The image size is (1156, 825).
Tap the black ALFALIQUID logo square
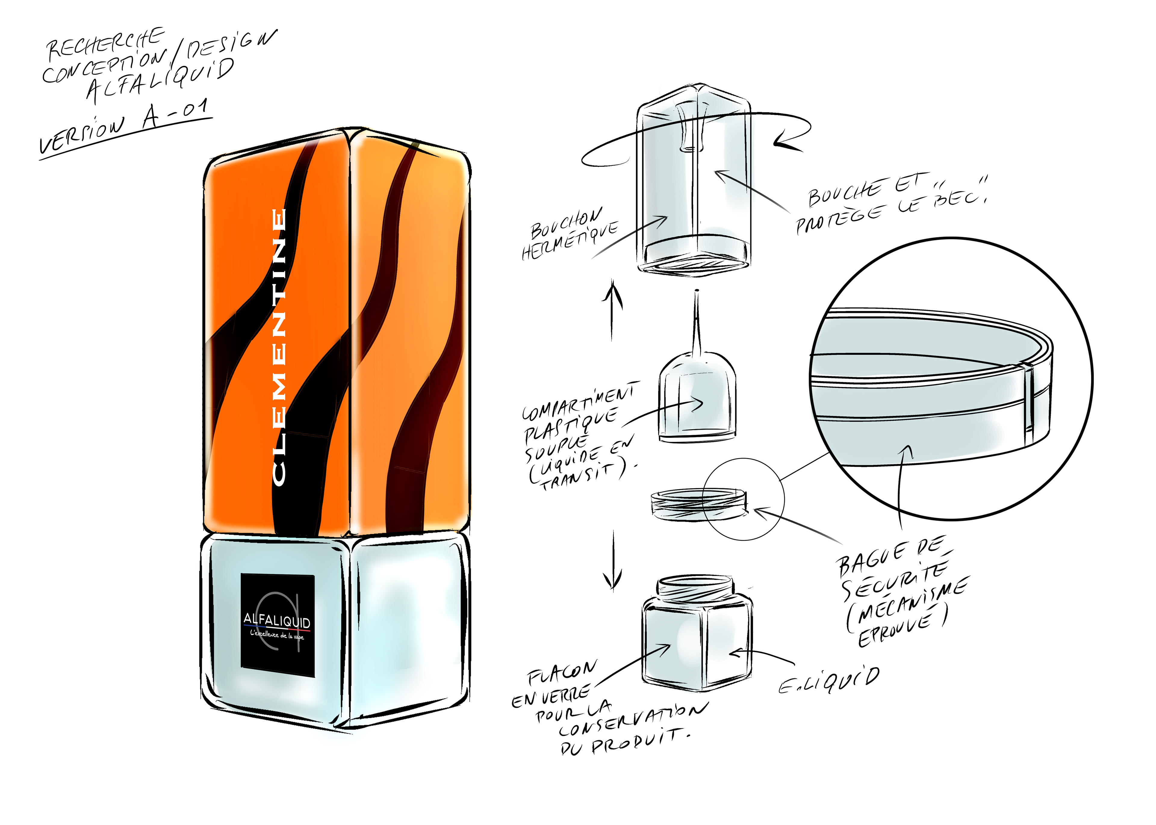coord(278,625)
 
